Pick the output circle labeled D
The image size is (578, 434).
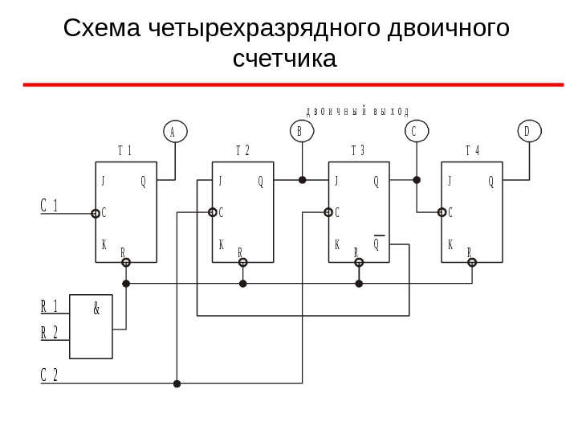point(529,130)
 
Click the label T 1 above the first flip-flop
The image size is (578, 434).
point(124,150)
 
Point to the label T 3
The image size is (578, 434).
point(358,150)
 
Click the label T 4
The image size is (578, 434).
point(473,150)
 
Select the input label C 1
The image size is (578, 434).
point(50,205)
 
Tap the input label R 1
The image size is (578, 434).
point(50,306)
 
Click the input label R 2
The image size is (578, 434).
point(50,332)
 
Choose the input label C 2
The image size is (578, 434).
point(50,375)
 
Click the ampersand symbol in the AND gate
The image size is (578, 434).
point(96,307)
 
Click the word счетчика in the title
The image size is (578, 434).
point(285,59)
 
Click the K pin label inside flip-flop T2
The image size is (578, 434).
point(221,244)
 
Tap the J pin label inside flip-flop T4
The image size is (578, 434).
point(450,182)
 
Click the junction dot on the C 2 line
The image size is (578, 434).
point(177,384)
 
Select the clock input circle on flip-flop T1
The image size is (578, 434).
point(96,213)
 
